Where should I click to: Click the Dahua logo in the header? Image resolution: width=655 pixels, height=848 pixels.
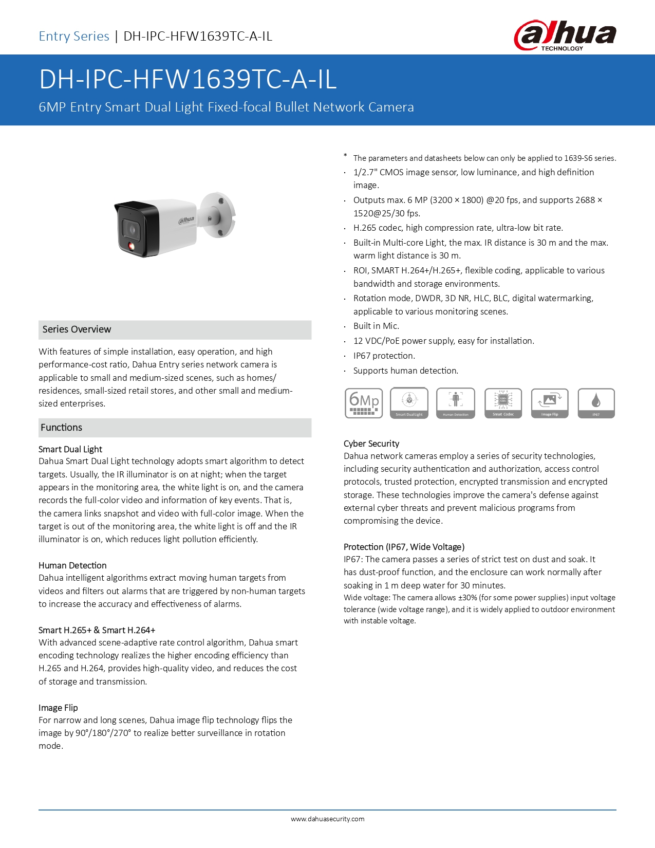[565, 35]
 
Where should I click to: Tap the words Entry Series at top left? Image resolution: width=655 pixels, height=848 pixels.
[74, 36]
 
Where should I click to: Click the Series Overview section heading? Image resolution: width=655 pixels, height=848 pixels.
[77, 329]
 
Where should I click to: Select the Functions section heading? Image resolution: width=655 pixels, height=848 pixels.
[62, 428]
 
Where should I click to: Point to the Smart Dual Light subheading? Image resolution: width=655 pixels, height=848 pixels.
[70, 449]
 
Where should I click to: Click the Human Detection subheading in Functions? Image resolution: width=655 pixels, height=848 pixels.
[72, 565]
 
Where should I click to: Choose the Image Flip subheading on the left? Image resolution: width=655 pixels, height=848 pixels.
[58, 708]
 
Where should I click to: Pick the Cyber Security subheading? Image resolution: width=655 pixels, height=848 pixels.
[371, 444]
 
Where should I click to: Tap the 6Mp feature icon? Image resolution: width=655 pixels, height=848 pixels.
[364, 403]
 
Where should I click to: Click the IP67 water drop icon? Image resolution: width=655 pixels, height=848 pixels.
[596, 403]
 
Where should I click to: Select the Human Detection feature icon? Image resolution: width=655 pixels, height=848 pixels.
[456, 403]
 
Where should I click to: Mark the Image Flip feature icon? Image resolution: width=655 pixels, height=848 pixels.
[550, 403]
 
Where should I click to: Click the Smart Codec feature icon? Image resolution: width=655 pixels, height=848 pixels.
[503, 403]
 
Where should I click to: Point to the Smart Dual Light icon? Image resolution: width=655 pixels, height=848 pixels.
[409, 403]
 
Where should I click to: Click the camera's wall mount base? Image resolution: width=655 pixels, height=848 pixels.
[219, 215]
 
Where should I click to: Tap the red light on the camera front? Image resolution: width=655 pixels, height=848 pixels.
[131, 247]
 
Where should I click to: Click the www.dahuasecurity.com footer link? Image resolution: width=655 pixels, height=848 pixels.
[328, 819]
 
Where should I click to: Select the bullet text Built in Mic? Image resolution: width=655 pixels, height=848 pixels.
[376, 326]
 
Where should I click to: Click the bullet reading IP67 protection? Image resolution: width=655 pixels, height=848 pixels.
[384, 356]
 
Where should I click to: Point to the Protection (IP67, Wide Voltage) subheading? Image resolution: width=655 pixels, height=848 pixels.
[404, 547]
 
